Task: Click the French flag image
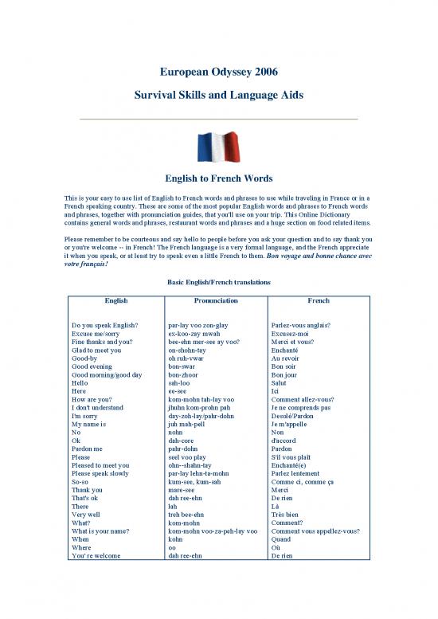pos(218,147)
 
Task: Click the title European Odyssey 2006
pos(218,72)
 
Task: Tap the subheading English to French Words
pos(218,178)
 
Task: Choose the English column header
pos(116,302)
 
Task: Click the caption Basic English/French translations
pos(218,283)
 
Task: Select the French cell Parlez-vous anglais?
pos(302,325)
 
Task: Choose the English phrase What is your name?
pos(102,531)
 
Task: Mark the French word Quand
pos(282,539)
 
